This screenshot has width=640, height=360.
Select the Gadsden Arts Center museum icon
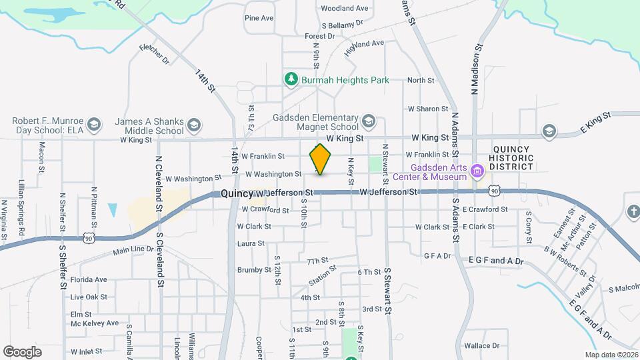(477, 171)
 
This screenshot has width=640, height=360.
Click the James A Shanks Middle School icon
(193, 126)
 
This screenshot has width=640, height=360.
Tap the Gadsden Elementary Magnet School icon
(369, 121)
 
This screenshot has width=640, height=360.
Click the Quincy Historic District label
(513, 158)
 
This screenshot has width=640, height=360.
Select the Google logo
(23, 351)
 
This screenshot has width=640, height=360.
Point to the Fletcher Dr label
(155, 55)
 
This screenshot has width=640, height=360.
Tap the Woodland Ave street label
(345, 9)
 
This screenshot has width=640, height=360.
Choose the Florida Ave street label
(89, 279)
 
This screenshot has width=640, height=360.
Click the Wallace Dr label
(481, 346)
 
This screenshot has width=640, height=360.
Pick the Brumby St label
(253, 270)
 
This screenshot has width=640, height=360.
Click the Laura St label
(251, 244)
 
